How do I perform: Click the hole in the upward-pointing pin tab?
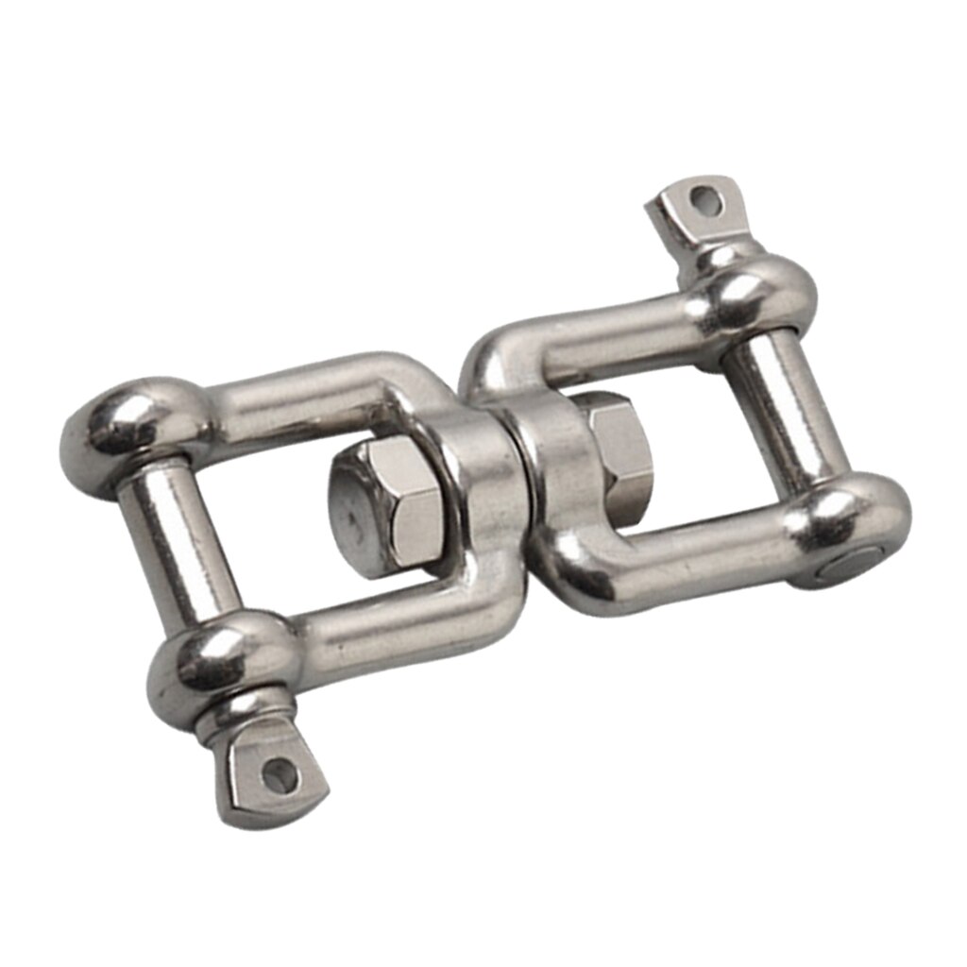pos(700,200)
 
